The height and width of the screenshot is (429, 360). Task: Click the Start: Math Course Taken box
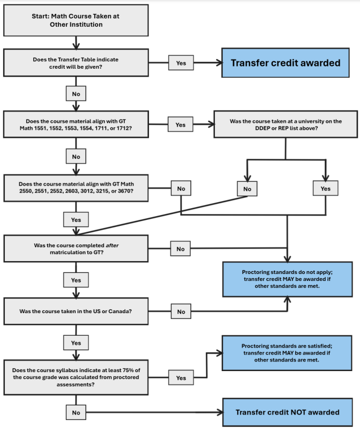click(x=76, y=20)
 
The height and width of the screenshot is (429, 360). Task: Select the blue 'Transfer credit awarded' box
click(x=285, y=63)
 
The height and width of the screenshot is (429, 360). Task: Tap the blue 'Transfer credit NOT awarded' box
click(x=288, y=412)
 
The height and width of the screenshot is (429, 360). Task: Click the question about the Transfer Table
click(x=76, y=63)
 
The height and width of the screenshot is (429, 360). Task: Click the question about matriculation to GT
click(x=76, y=249)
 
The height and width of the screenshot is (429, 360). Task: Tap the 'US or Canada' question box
click(x=76, y=311)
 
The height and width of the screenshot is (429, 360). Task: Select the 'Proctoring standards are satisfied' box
click(x=288, y=352)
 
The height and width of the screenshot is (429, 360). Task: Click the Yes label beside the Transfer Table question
click(x=181, y=63)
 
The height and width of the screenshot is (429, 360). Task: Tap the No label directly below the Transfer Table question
click(x=76, y=94)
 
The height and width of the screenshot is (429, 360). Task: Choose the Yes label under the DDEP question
click(x=325, y=188)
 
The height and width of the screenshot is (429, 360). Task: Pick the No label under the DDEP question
click(x=246, y=188)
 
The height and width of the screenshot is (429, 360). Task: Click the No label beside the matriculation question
click(x=181, y=249)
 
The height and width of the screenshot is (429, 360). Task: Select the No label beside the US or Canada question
click(x=181, y=311)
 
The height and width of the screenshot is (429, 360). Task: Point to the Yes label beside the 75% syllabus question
click(x=181, y=378)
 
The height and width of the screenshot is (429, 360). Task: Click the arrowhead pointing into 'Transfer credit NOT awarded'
click(x=219, y=412)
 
